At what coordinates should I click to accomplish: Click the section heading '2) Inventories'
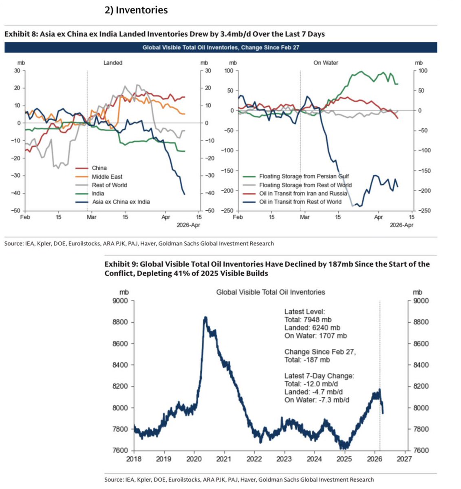click(x=136, y=10)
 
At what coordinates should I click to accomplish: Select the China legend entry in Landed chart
click(x=99, y=168)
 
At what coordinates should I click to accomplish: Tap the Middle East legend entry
click(x=107, y=176)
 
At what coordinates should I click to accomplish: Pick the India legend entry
click(x=98, y=194)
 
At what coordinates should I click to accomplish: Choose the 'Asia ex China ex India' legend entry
click(x=121, y=202)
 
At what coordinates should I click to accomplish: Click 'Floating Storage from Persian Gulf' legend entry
click(x=304, y=176)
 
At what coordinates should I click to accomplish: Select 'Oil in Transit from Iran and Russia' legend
click(x=303, y=194)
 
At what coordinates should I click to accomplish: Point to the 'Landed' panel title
click(x=113, y=63)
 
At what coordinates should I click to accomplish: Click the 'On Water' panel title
click(x=326, y=63)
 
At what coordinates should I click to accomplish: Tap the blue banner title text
click(x=221, y=48)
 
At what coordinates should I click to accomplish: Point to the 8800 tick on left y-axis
click(x=120, y=322)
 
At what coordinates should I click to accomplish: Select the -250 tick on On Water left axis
click(x=227, y=211)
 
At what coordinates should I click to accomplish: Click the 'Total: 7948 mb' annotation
click(x=308, y=319)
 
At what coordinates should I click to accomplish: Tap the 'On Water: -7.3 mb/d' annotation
click(x=317, y=400)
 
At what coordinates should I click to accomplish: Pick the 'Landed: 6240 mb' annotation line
click(x=312, y=328)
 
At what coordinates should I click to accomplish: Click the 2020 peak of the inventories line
click(x=205, y=317)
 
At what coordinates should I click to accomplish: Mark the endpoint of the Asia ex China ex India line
click(x=185, y=194)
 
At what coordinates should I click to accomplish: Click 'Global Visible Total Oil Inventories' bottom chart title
click(x=271, y=292)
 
